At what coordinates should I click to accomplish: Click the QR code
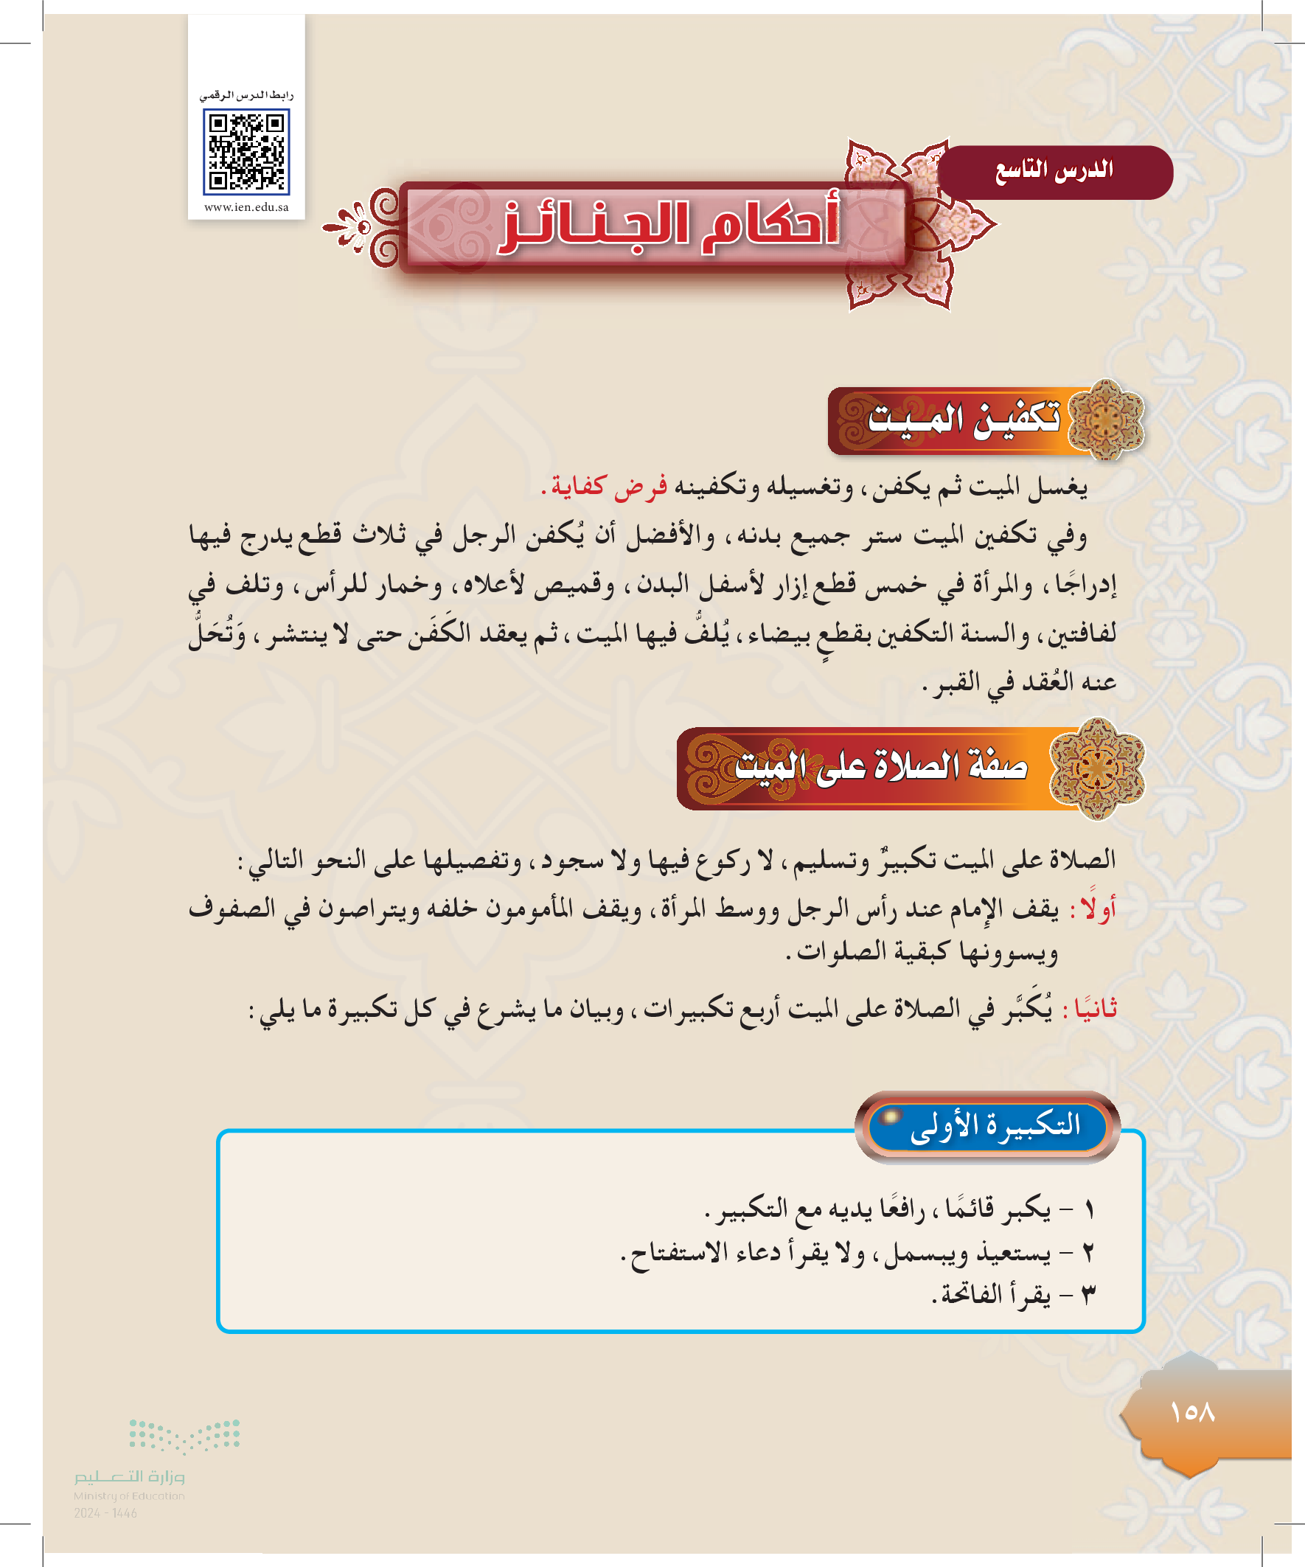tap(246, 151)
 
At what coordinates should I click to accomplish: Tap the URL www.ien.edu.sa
tap(246, 207)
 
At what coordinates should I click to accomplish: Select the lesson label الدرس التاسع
tap(1054, 171)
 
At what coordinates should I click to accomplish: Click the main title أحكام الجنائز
tap(670, 226)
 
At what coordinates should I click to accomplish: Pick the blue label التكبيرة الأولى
tap(995, 1125)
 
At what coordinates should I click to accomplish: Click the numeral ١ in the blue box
tap(1090, 1209)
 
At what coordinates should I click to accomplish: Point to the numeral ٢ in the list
tap(1090, 1253)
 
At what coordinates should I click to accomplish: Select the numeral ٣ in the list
tap(1090, 1296)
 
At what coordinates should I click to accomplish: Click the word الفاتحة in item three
tap(972, 1295)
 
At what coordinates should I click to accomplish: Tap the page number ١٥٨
tap(1192, 1412)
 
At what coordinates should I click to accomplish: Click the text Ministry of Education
tap(129, 1495)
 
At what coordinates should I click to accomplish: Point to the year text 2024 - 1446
tap(105, 1513)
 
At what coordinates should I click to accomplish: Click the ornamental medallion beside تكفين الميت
tap(1107, 420)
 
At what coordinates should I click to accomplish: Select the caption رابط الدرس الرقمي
tap(246, 96)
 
